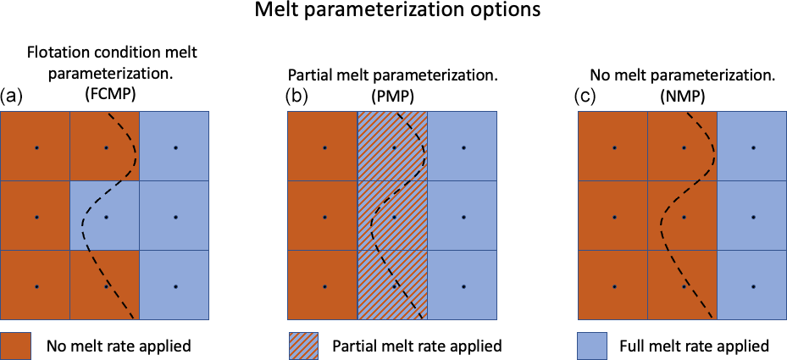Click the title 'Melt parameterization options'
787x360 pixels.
point(397,11)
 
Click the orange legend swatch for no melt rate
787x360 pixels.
point(16,346)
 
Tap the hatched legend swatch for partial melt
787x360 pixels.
point(303,346)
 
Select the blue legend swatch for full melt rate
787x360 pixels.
point(592,346)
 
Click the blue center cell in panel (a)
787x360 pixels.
point(104,215)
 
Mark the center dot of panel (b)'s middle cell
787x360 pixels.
point(394,217)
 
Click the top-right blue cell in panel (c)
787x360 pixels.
point(752,146)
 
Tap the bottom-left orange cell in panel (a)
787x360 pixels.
point(35,285)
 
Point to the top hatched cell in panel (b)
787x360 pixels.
point(392,146)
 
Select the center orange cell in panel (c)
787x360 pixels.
point(683,215)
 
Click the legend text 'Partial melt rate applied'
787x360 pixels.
point(418,346)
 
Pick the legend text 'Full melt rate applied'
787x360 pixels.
point(695,346)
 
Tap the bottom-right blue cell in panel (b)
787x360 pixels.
point(462,285)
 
